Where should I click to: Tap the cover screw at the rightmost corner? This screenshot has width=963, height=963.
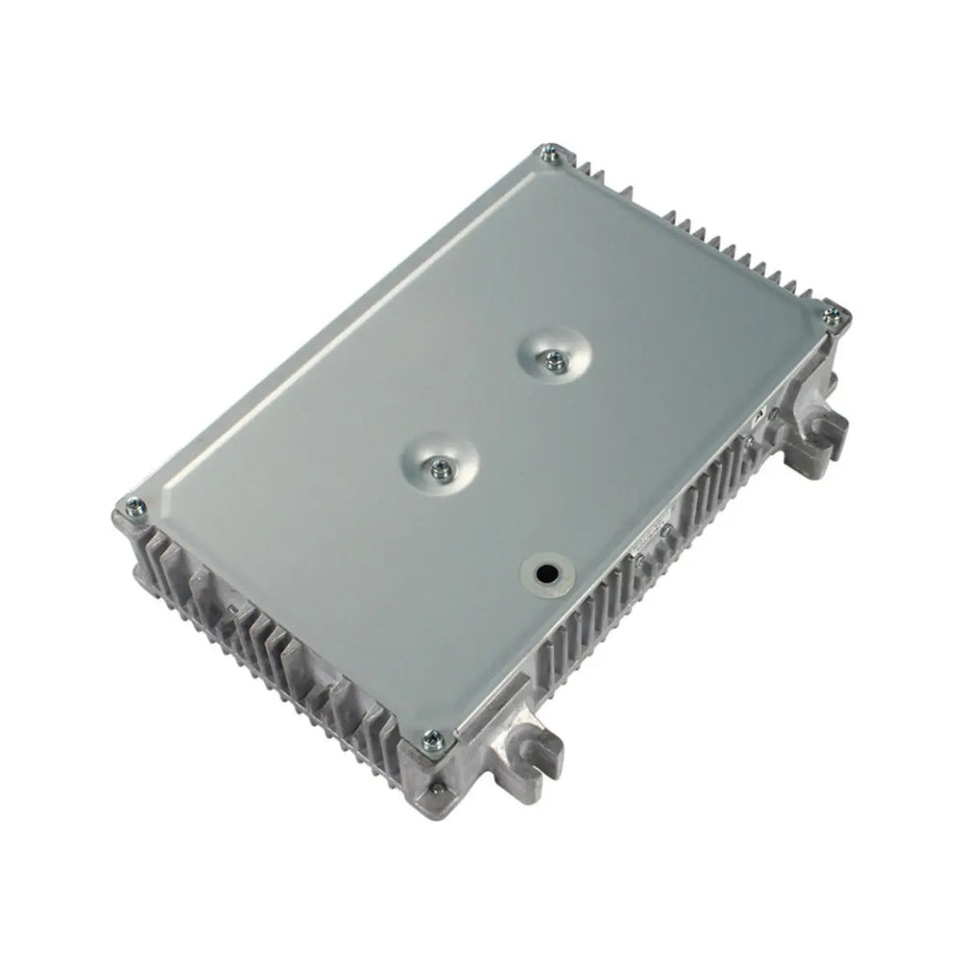[x=831, y=318]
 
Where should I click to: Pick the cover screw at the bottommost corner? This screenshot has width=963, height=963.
[x=433, y=740]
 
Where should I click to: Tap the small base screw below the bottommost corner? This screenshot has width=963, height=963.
[x=434, y=783]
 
